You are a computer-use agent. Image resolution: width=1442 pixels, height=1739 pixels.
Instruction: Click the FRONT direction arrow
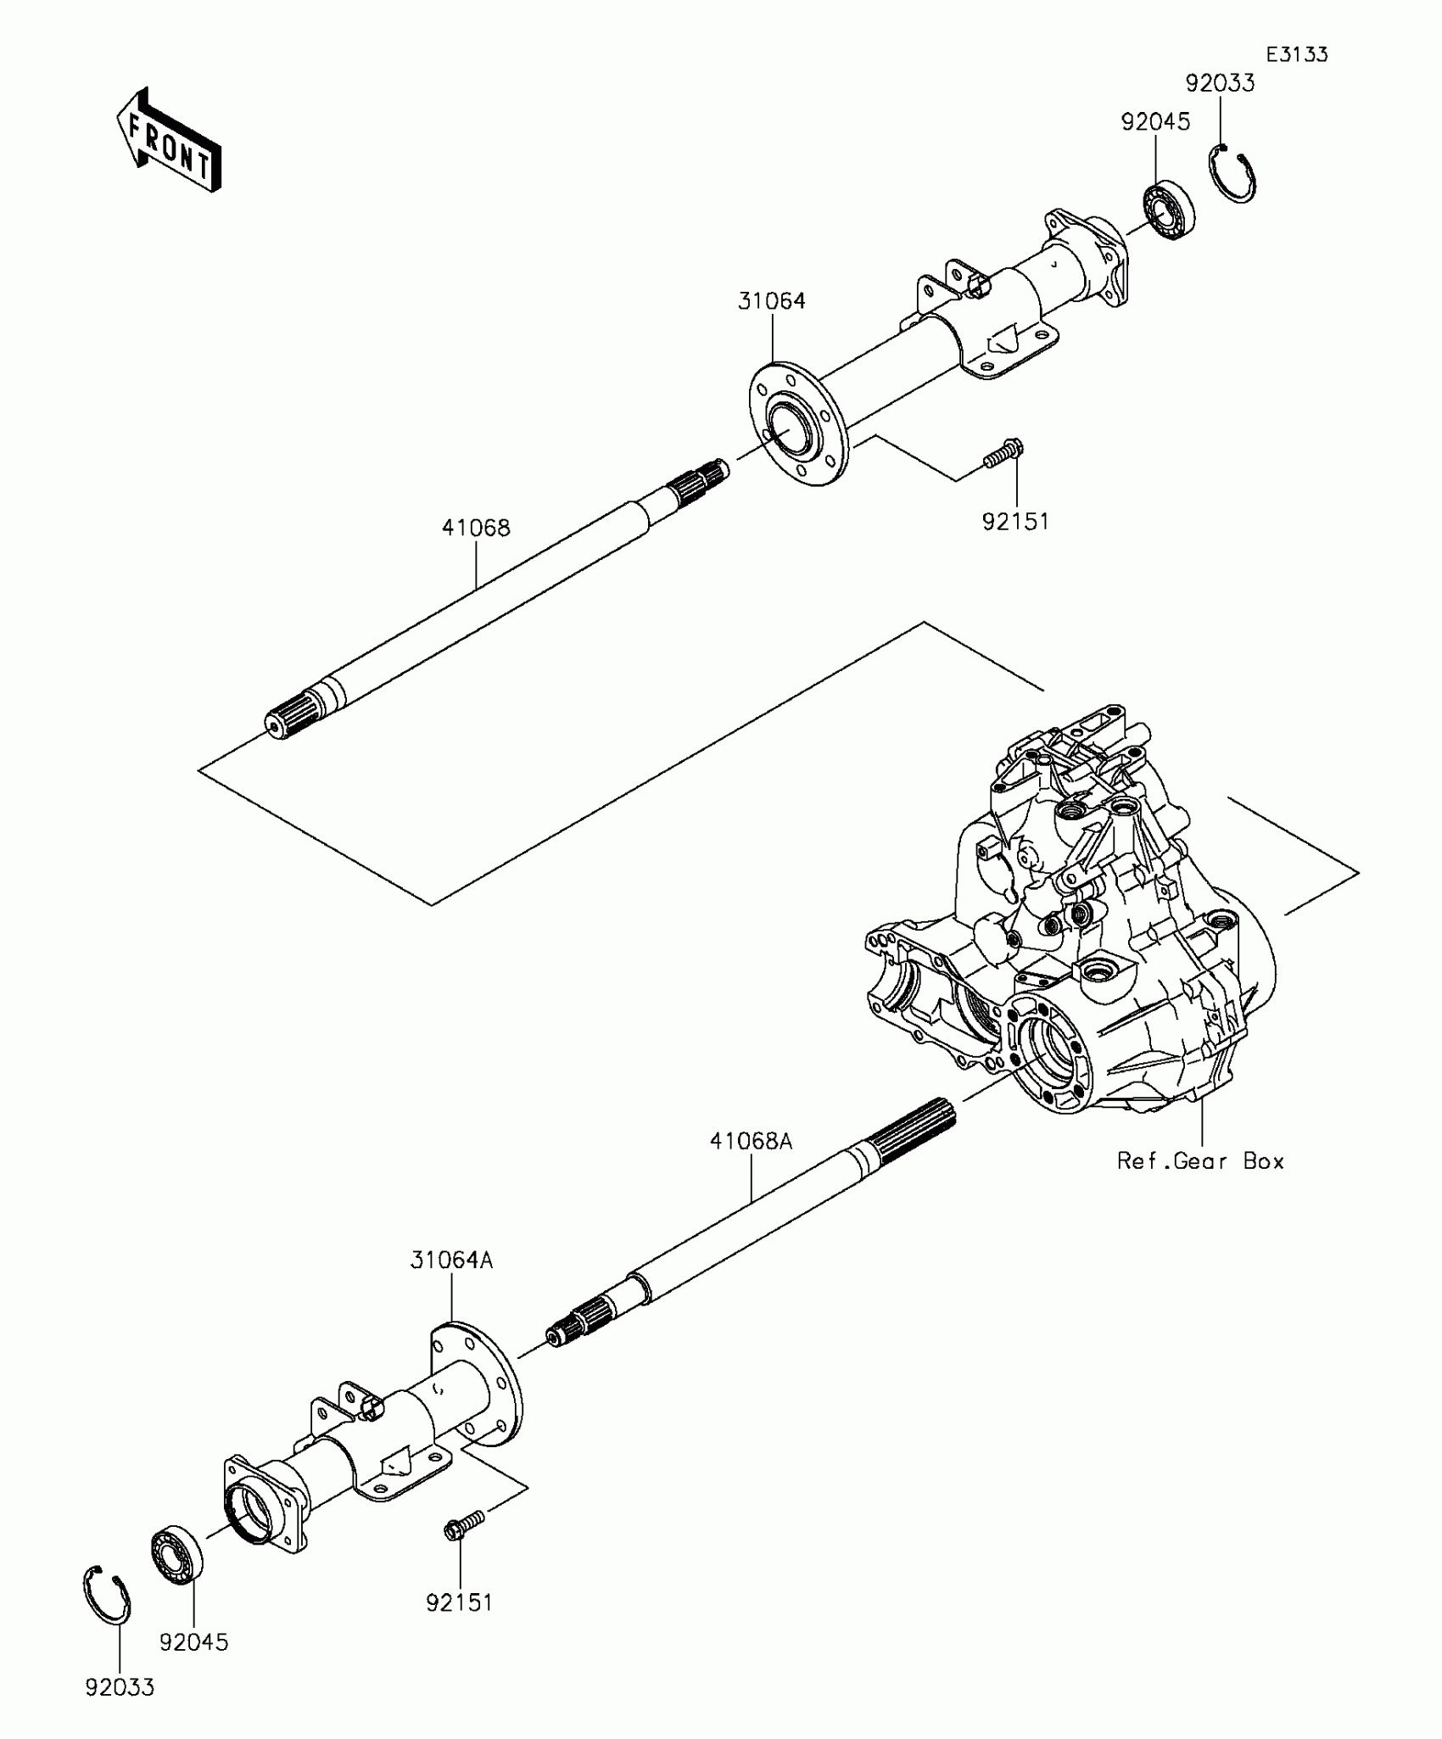170,140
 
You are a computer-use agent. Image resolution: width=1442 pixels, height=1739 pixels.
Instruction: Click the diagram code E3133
1297,55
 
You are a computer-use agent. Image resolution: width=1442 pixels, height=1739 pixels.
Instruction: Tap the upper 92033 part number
1220,83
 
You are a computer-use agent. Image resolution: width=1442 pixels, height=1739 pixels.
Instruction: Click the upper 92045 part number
1155,122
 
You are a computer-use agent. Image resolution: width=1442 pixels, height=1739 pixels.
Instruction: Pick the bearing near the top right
1169,210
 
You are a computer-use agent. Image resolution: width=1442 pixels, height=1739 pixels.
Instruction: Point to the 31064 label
771,301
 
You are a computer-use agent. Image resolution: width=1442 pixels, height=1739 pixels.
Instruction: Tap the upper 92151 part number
1015,522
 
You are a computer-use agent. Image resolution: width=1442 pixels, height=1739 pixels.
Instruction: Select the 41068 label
476,528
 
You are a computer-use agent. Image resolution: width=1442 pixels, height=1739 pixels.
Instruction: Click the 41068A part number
751,1142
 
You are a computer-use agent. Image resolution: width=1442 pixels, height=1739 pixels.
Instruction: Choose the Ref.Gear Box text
1200,1161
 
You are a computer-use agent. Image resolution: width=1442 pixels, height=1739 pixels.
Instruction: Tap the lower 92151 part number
459,1602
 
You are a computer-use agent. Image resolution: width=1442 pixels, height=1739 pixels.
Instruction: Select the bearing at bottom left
177,1553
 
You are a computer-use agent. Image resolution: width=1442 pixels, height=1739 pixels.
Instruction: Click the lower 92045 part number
193,1642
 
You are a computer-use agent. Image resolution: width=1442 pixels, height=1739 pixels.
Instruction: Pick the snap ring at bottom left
108,1595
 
